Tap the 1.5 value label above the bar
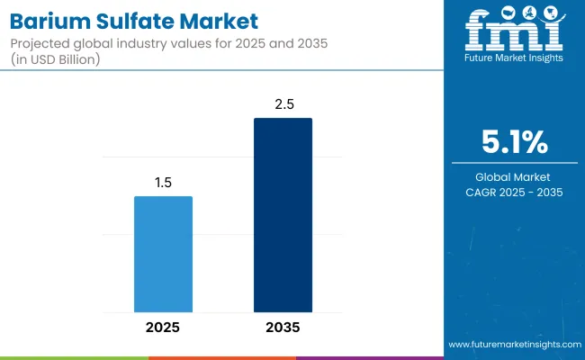(x=163, y=182)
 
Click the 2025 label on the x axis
(x=163, y=327)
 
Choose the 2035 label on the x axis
(x=283, y=327)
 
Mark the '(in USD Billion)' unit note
(x=57, y=59)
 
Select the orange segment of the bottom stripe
(x=221, y=357)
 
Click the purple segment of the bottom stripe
(x=369, y=357)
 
